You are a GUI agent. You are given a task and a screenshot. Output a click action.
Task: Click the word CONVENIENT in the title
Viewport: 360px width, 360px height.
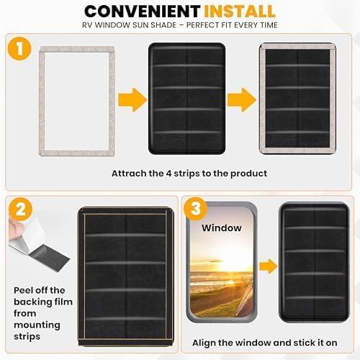click(142, 11)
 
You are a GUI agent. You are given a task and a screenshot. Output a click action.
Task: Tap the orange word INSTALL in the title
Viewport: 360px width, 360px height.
click(239, 11)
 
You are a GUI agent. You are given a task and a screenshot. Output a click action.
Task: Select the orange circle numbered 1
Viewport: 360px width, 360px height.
click(19, 48)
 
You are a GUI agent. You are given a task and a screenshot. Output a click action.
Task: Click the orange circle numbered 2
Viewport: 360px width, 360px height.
click(20, 209)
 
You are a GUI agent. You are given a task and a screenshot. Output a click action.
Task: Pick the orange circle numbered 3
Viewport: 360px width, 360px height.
click(196, 209)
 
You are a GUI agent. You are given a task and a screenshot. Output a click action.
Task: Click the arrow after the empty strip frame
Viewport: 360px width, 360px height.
click(132, 99)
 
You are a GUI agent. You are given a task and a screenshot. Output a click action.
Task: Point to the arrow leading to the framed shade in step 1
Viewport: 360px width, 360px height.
click(242, 99)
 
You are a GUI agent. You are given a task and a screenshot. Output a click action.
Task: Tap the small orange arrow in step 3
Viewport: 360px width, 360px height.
click(269, 266)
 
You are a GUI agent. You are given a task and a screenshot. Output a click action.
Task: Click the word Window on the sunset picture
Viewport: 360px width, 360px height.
click(222, 228)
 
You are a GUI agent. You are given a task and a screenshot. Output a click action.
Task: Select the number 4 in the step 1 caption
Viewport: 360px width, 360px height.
click(169, 174)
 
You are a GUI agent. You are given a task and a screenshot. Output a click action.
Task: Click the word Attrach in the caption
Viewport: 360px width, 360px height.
click(129, 174)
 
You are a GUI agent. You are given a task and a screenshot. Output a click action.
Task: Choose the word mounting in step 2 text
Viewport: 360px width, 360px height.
click(37, 325)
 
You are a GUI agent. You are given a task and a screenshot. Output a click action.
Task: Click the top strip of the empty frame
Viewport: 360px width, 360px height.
click(77, 50)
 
